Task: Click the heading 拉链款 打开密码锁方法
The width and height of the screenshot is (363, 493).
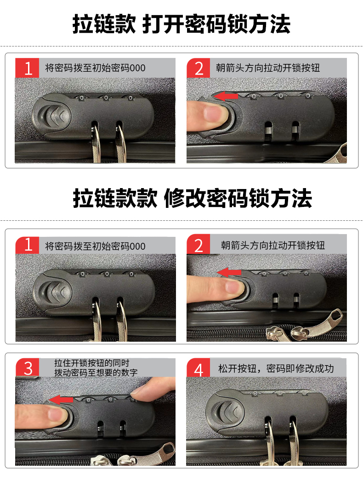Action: point(181,24)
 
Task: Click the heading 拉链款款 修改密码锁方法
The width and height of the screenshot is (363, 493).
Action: point(192,198)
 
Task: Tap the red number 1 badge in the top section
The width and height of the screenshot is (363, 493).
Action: point(27,68)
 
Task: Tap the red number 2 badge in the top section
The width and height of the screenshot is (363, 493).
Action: point(199,68)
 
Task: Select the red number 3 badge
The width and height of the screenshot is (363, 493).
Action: point(27,367)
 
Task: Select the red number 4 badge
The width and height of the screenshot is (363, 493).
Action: point(199,367)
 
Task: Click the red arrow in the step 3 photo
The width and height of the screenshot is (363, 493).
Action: point(61,400)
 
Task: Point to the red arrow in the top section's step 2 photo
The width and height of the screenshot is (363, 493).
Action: point(226,96)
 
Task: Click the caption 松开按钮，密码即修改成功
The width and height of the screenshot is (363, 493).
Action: point(276,368)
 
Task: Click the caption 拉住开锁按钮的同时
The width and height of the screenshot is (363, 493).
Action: point(92,363)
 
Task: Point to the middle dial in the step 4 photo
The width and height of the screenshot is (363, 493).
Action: point(279,393)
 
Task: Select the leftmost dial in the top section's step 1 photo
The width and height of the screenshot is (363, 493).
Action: point(82,98)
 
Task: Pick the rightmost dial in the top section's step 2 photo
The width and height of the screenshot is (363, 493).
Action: point(308,96)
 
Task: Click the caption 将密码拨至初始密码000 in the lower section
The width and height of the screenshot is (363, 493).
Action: point(95,246)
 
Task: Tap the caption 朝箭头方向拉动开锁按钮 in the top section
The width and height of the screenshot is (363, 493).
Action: point(268,68)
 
